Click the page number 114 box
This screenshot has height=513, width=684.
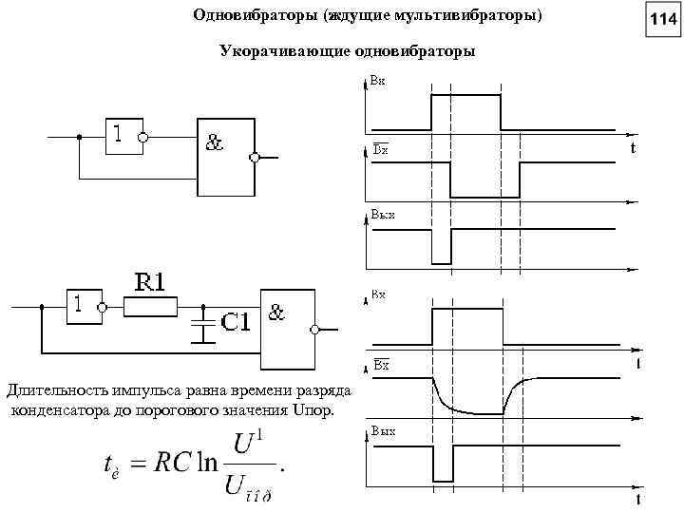pos(662,18)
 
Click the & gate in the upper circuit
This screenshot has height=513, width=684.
pos(226,157)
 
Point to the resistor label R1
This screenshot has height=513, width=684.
pos(149,281)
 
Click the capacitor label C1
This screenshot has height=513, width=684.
pos(236,322)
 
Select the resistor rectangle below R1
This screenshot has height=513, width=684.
pos(151,306)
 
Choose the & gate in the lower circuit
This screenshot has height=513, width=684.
pos(287,328)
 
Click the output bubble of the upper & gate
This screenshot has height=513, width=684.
pos(255,158)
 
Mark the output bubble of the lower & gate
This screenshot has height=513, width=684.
pos(315,329)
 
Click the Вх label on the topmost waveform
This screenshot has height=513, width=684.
pos(377,82)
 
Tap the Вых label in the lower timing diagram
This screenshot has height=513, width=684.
pos(382,431)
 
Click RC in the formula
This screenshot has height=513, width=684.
pos(172,465)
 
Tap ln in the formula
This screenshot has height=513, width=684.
pos(207,465)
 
